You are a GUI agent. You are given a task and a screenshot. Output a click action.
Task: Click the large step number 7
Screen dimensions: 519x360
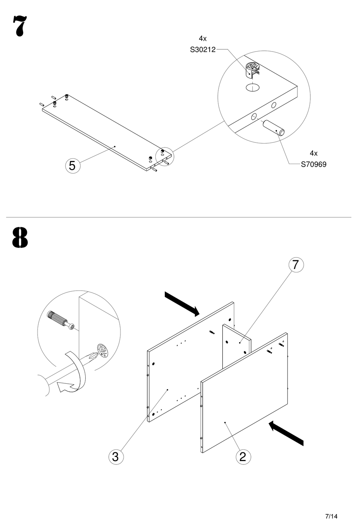[19, 26]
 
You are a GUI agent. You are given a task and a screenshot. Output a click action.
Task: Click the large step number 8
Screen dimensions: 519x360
[20, 238]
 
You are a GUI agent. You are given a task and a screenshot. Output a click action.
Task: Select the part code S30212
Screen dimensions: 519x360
[203, 49]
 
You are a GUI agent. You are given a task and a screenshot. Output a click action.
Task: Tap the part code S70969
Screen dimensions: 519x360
[313, 164]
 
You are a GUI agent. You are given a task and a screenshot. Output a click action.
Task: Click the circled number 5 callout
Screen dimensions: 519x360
[73, 166]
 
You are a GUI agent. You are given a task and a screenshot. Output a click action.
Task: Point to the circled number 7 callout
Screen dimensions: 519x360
[296, 265]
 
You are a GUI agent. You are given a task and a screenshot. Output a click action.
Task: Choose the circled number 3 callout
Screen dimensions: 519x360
[116, 456]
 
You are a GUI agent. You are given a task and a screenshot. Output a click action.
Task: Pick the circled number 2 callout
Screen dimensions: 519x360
[243, 456]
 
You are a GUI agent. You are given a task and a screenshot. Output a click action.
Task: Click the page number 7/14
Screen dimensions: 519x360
[331, 516]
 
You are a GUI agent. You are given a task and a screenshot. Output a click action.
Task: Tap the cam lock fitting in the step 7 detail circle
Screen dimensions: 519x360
[252, 70]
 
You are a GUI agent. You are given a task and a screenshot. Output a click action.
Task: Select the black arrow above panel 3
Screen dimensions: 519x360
[182, 304]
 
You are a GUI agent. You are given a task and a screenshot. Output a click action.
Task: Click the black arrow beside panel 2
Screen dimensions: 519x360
[286, 435]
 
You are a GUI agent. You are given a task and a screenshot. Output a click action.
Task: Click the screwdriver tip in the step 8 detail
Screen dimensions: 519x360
[92, 356]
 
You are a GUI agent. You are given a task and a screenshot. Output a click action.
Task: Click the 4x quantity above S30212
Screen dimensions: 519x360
[203, 38]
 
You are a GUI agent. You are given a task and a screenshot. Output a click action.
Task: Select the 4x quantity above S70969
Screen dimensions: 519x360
[313, 153]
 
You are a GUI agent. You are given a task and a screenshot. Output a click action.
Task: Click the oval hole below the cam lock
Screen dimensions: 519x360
[253, 88]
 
